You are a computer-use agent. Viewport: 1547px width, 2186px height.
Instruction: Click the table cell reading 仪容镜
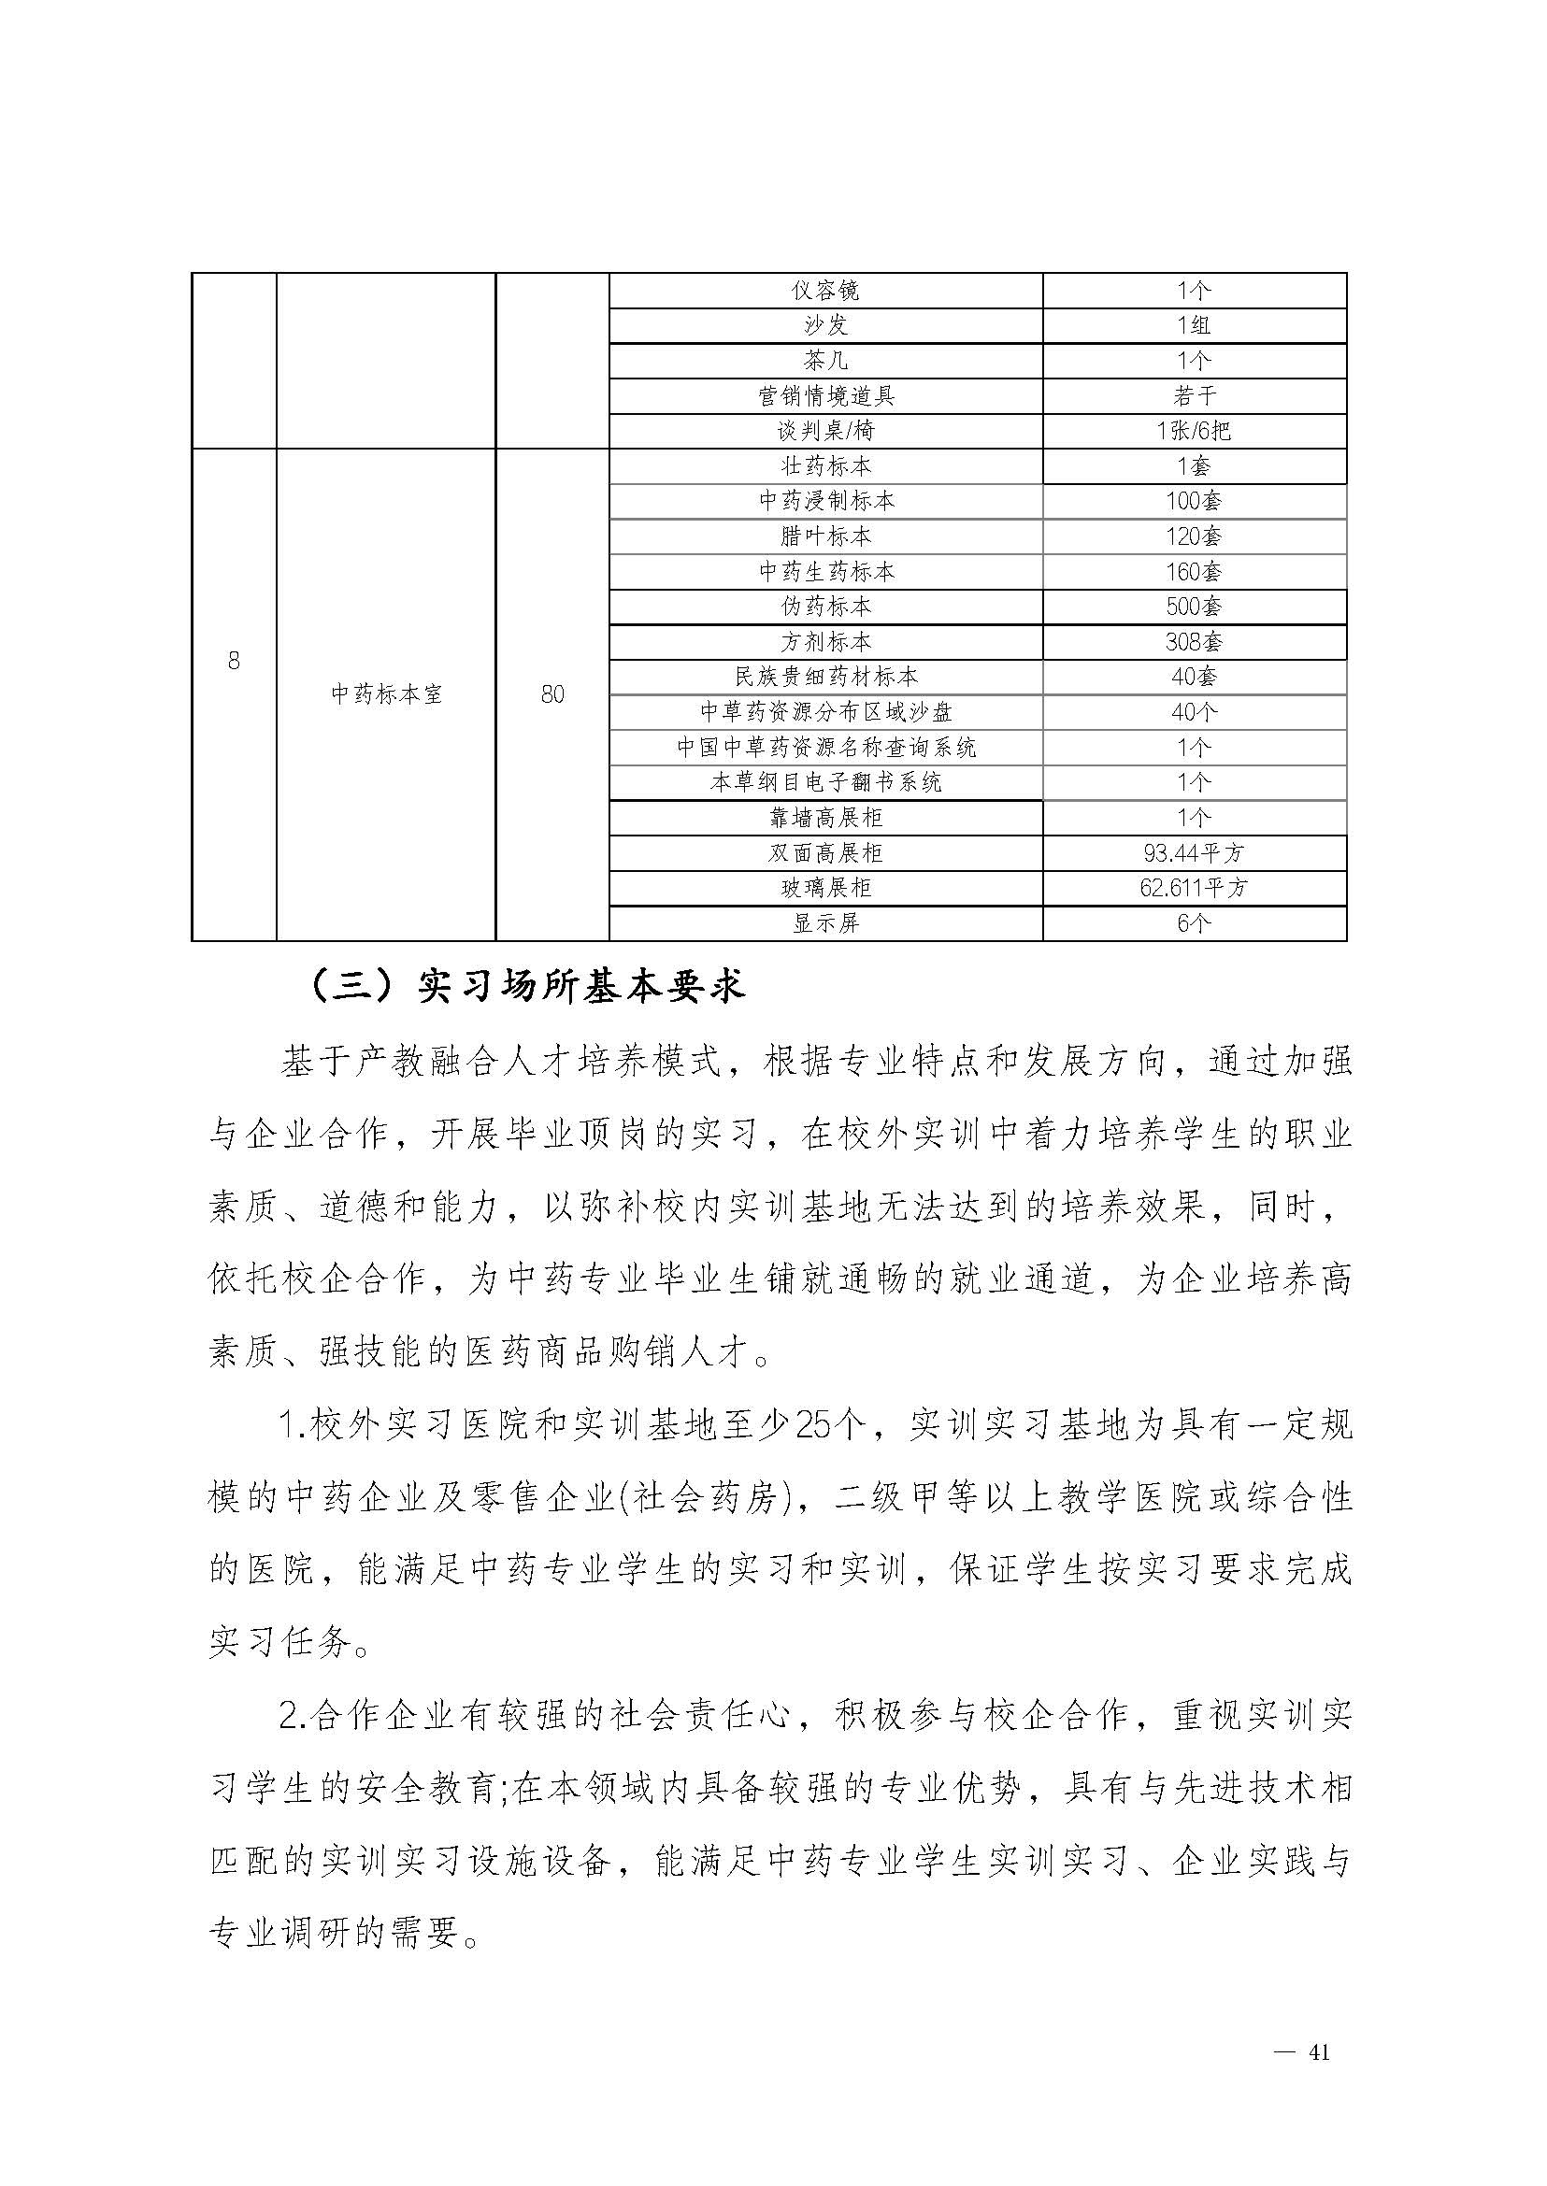(x=825, y=291)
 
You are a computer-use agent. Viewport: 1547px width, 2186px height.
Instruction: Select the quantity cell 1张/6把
(x=1194, y=432)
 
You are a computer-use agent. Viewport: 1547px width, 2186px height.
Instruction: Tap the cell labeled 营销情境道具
(x=825, y=396)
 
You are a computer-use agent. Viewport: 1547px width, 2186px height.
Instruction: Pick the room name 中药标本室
(x=386, y=694)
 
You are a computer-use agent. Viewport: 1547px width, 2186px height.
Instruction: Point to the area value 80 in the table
(x=552, y=694)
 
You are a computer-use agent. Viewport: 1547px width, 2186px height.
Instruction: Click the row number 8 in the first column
(x=234, y=660)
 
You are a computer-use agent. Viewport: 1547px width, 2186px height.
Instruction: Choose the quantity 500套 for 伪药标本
(x=1194, y=607)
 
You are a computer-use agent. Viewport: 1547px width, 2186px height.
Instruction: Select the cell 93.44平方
(x=1194, y=852)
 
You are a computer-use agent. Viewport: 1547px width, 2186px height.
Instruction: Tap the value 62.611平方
(x=1194, y=888)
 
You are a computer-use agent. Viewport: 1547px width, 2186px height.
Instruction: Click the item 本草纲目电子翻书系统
(x=825, y=783)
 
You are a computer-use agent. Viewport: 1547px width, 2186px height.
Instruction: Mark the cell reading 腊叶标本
(x=825, y=536)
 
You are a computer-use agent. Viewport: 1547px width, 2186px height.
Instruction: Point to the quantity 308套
(x=1194, y=642)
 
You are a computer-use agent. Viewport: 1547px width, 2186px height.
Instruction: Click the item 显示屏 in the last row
(x=825, y=923)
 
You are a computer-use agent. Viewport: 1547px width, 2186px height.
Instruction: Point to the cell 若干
(x=1194, y=396)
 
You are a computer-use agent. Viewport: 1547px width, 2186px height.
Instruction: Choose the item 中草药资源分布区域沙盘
(x=825, y=712)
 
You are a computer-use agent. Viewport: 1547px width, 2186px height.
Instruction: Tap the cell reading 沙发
(x=825, y=326)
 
